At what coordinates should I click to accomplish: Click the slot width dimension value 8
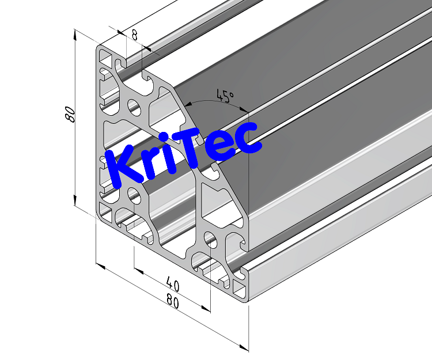(134, 35)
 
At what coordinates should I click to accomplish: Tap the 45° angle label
(224, 96)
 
